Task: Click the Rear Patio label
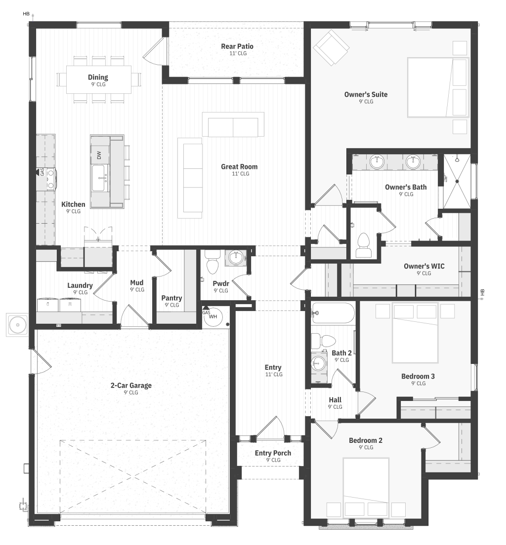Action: pos(237,46)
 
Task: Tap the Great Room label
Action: pos(240,166)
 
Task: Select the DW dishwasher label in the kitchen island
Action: pos(99,155)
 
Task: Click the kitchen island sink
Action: pos(100,178)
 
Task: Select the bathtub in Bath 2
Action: pos(333,313)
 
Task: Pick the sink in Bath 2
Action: pos(318,363)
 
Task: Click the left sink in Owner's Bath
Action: pos(377,161)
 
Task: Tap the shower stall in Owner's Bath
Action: pos(457,181)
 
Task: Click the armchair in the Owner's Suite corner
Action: pos(331,47)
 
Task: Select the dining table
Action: pos(99,79)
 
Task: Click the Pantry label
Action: pos(171,298)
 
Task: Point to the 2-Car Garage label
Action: pos(131,385)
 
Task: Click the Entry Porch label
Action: pos(273,453)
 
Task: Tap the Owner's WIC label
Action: pos(424,266)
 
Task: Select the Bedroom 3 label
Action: pos(418,376)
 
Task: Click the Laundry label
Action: pos(80,285)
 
